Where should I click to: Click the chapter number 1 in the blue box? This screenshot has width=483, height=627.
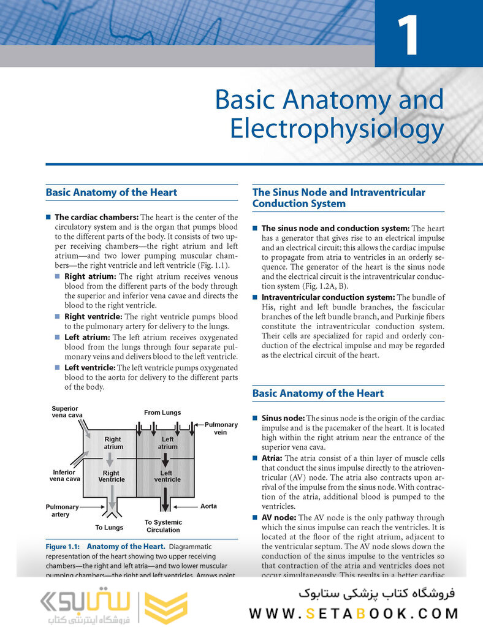[407, 36]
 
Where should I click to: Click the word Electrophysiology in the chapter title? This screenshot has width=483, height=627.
[337, 129]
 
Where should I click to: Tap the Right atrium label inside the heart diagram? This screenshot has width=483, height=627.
[113, 443]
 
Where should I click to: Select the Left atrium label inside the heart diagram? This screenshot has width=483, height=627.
[167, 443]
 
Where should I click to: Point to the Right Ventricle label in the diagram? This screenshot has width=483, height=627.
[111, 476]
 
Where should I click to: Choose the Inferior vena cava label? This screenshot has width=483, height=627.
[65, 476]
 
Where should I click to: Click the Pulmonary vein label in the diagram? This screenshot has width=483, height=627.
[221, 428]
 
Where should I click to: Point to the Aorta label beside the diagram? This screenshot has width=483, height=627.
[208, 507]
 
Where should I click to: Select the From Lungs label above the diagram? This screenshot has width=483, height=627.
[162, 412]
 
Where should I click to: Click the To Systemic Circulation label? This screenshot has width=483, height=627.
[163, 526]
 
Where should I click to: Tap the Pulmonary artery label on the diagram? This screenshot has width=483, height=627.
[63, 511]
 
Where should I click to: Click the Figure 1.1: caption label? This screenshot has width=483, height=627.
[63, 546]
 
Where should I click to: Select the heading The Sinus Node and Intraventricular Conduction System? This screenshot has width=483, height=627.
[338, 197]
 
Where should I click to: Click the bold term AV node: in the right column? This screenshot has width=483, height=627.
[279, 517]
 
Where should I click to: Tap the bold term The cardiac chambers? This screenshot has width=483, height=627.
[96, 217]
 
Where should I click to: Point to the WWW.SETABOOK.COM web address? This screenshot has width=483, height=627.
[354, 613]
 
